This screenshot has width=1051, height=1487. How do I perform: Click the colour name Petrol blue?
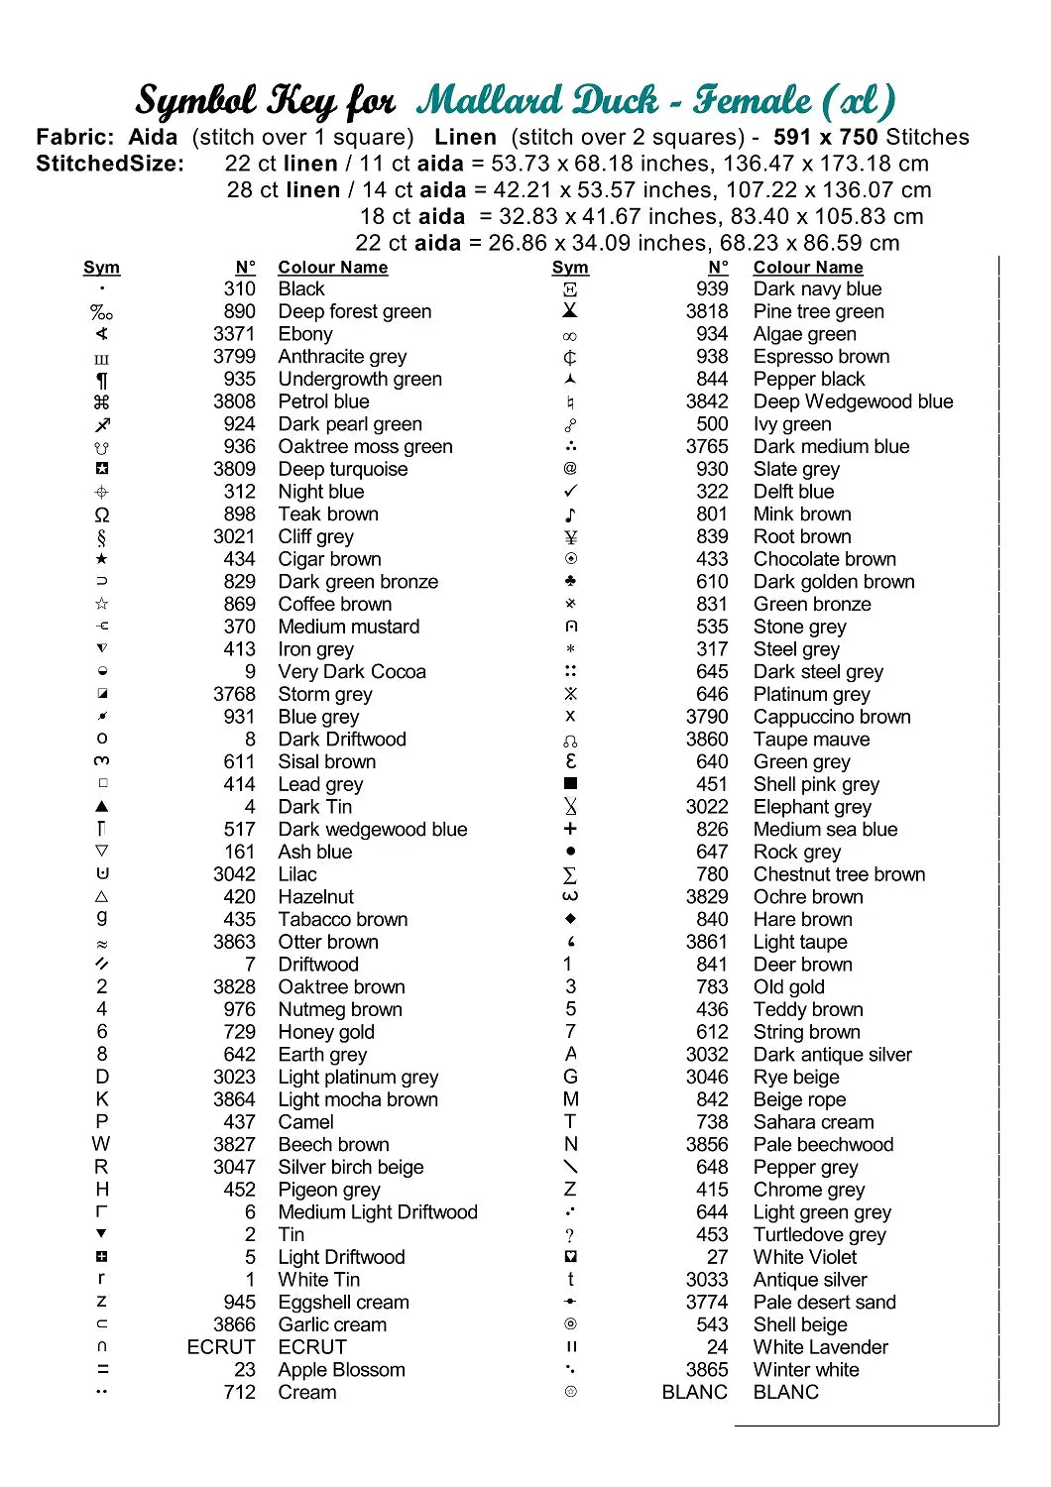click(x=323, y=401)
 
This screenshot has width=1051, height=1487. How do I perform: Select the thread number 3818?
click(x=707, y=311)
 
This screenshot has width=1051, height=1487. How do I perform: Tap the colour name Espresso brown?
click(x=821, y=356)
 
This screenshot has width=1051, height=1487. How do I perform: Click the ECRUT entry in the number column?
click(x=221, y=1347)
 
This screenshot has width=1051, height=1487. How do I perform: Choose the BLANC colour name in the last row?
click(x=786, y=1392)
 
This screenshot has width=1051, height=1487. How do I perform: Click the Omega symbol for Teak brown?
click(x=102, y=515)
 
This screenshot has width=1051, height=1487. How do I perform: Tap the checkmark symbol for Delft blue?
click(x=570, y=492)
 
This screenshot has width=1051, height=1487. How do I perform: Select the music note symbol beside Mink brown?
click(x=570, y=515)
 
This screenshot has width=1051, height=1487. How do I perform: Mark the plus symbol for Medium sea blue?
click(x=570, y=829)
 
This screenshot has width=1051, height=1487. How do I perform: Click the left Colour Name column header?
click(x=332, y=268)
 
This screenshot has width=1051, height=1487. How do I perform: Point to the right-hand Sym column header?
click(x=570, y=268)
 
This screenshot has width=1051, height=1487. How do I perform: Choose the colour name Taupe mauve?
click(x=811, y=740)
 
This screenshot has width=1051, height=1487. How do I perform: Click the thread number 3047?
click(x=234, y=1167)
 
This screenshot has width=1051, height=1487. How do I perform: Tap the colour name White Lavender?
click(x=820, y=1347)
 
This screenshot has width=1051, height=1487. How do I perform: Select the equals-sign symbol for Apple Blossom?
click(x=102, y=1370)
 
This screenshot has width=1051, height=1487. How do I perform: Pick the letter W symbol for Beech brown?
click(x=101, y=1144)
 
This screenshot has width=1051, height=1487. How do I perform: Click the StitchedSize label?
click(x=110, y=164)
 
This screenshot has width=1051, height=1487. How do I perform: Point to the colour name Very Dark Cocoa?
click(x=352, y=672)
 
